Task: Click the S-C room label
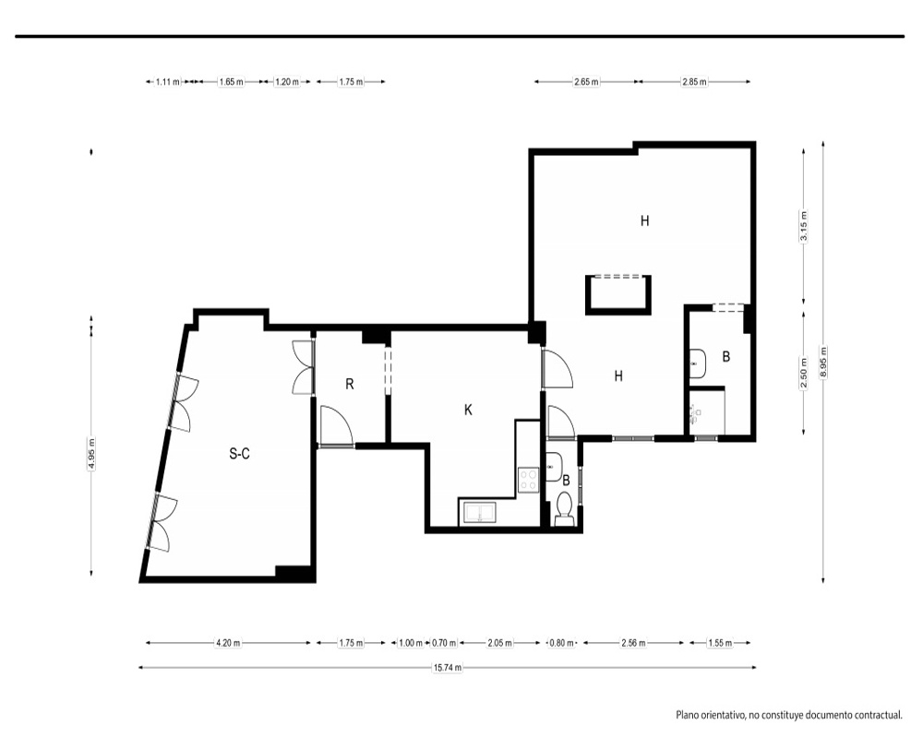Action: tap(240, 453)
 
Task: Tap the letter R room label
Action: tap(350, 385)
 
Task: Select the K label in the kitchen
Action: tap(468, 410)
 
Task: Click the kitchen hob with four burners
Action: tap(529, 479)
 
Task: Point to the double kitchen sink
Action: tap(480, 512)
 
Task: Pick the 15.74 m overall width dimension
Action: tap(448, 667)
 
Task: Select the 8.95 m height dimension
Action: tap(823, 363)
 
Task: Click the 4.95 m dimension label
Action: tap(91, 454)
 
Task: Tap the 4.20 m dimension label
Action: tap(228, 643)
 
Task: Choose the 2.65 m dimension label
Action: tap(586, 82)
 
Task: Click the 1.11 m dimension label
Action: tap(168, 82)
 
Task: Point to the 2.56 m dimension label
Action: tap(633, 643)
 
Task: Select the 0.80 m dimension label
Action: tap(561, 643)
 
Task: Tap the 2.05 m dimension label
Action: tap(499, 643)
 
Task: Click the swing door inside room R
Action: tap(336, 425)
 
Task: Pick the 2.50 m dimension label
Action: tap(804, 374)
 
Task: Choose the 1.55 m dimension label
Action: tap(720, 643)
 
